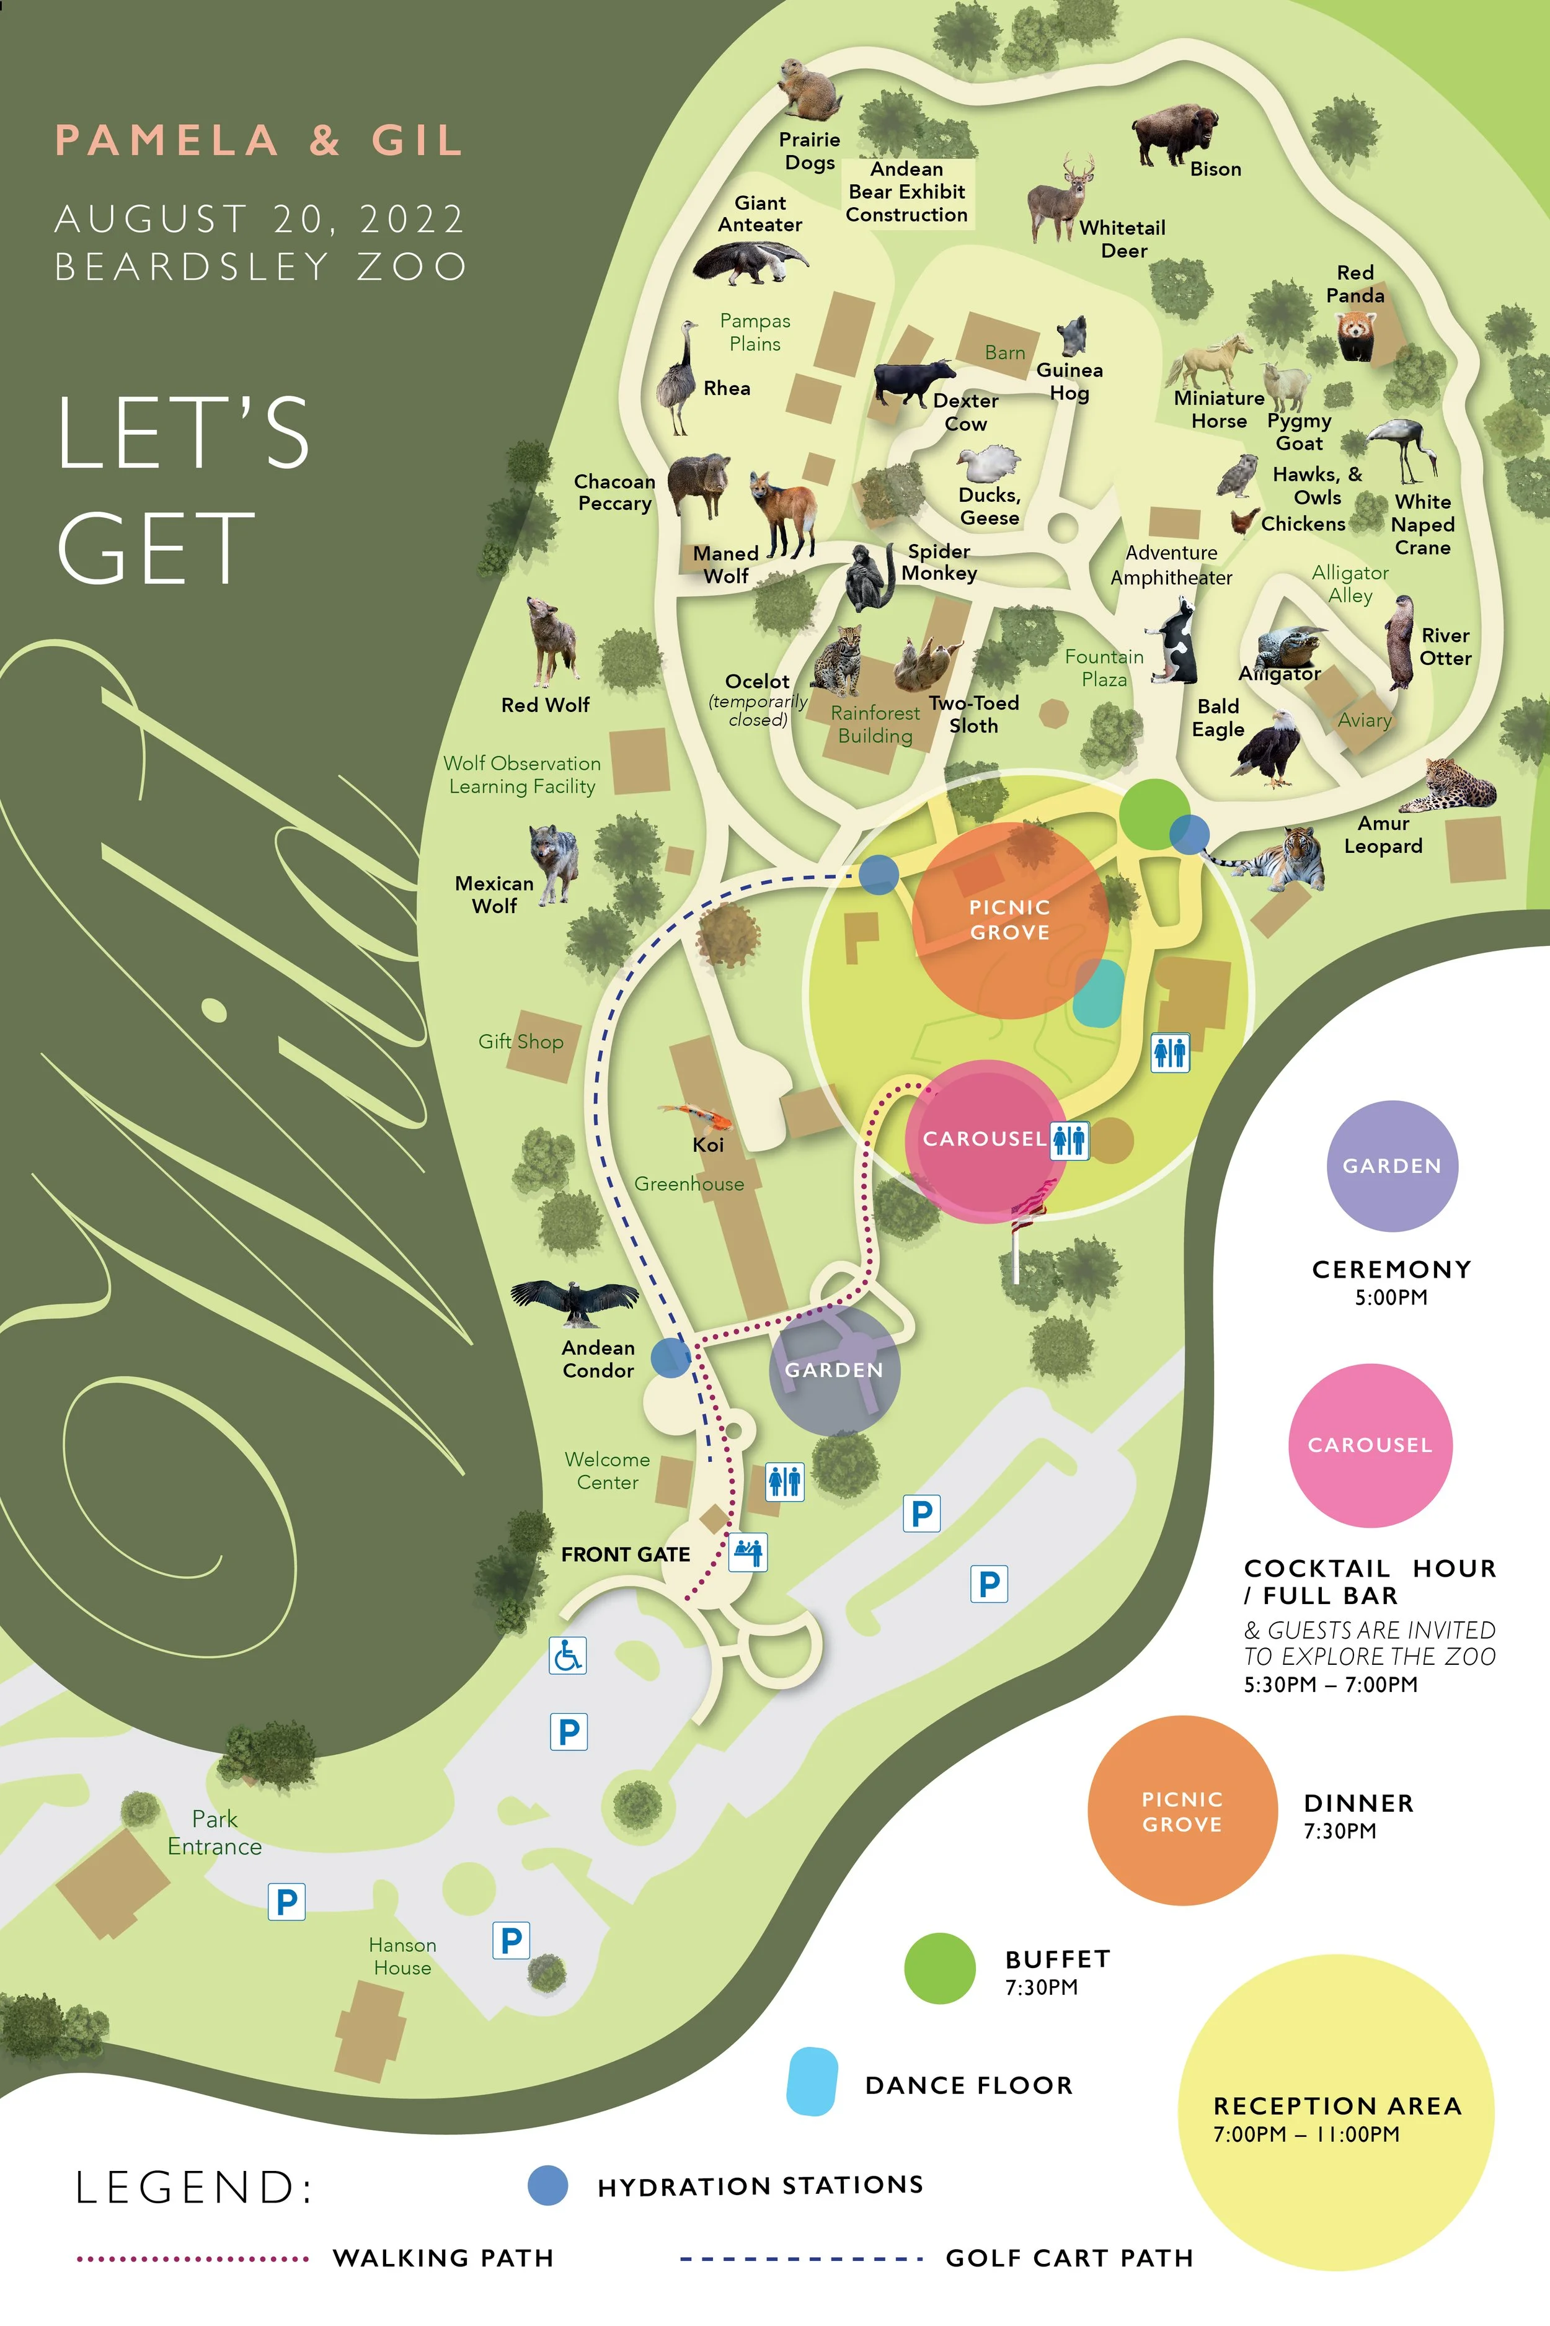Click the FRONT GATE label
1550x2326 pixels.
[x=625, y=1554]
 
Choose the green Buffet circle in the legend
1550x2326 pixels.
[x=939, y=1968]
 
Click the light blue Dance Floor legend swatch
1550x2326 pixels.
[x=812, y=2081]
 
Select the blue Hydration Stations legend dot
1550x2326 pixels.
[x=547, y=2185]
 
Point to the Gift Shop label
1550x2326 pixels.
[x=521, y=1041]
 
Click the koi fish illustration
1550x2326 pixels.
[x=699, y=1116]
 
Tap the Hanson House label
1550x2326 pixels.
[x=402, y=1956]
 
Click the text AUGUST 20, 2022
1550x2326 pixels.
[x=259, y=218]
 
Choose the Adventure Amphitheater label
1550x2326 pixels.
[x=1171, y=564]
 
